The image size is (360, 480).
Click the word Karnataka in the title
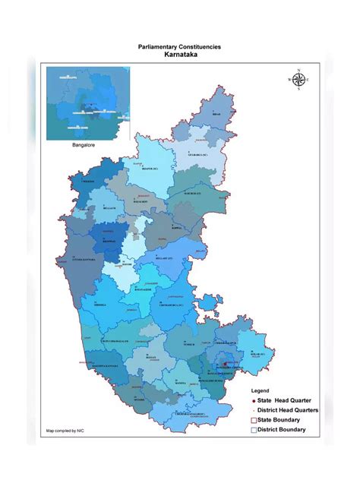(180, 55)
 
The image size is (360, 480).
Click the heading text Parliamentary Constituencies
(180, 47)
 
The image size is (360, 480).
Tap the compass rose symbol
(298, 79)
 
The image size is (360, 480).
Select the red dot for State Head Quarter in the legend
(253, 400)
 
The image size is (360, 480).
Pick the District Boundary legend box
(254, 430)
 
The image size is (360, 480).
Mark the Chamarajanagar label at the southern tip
(188, 413)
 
